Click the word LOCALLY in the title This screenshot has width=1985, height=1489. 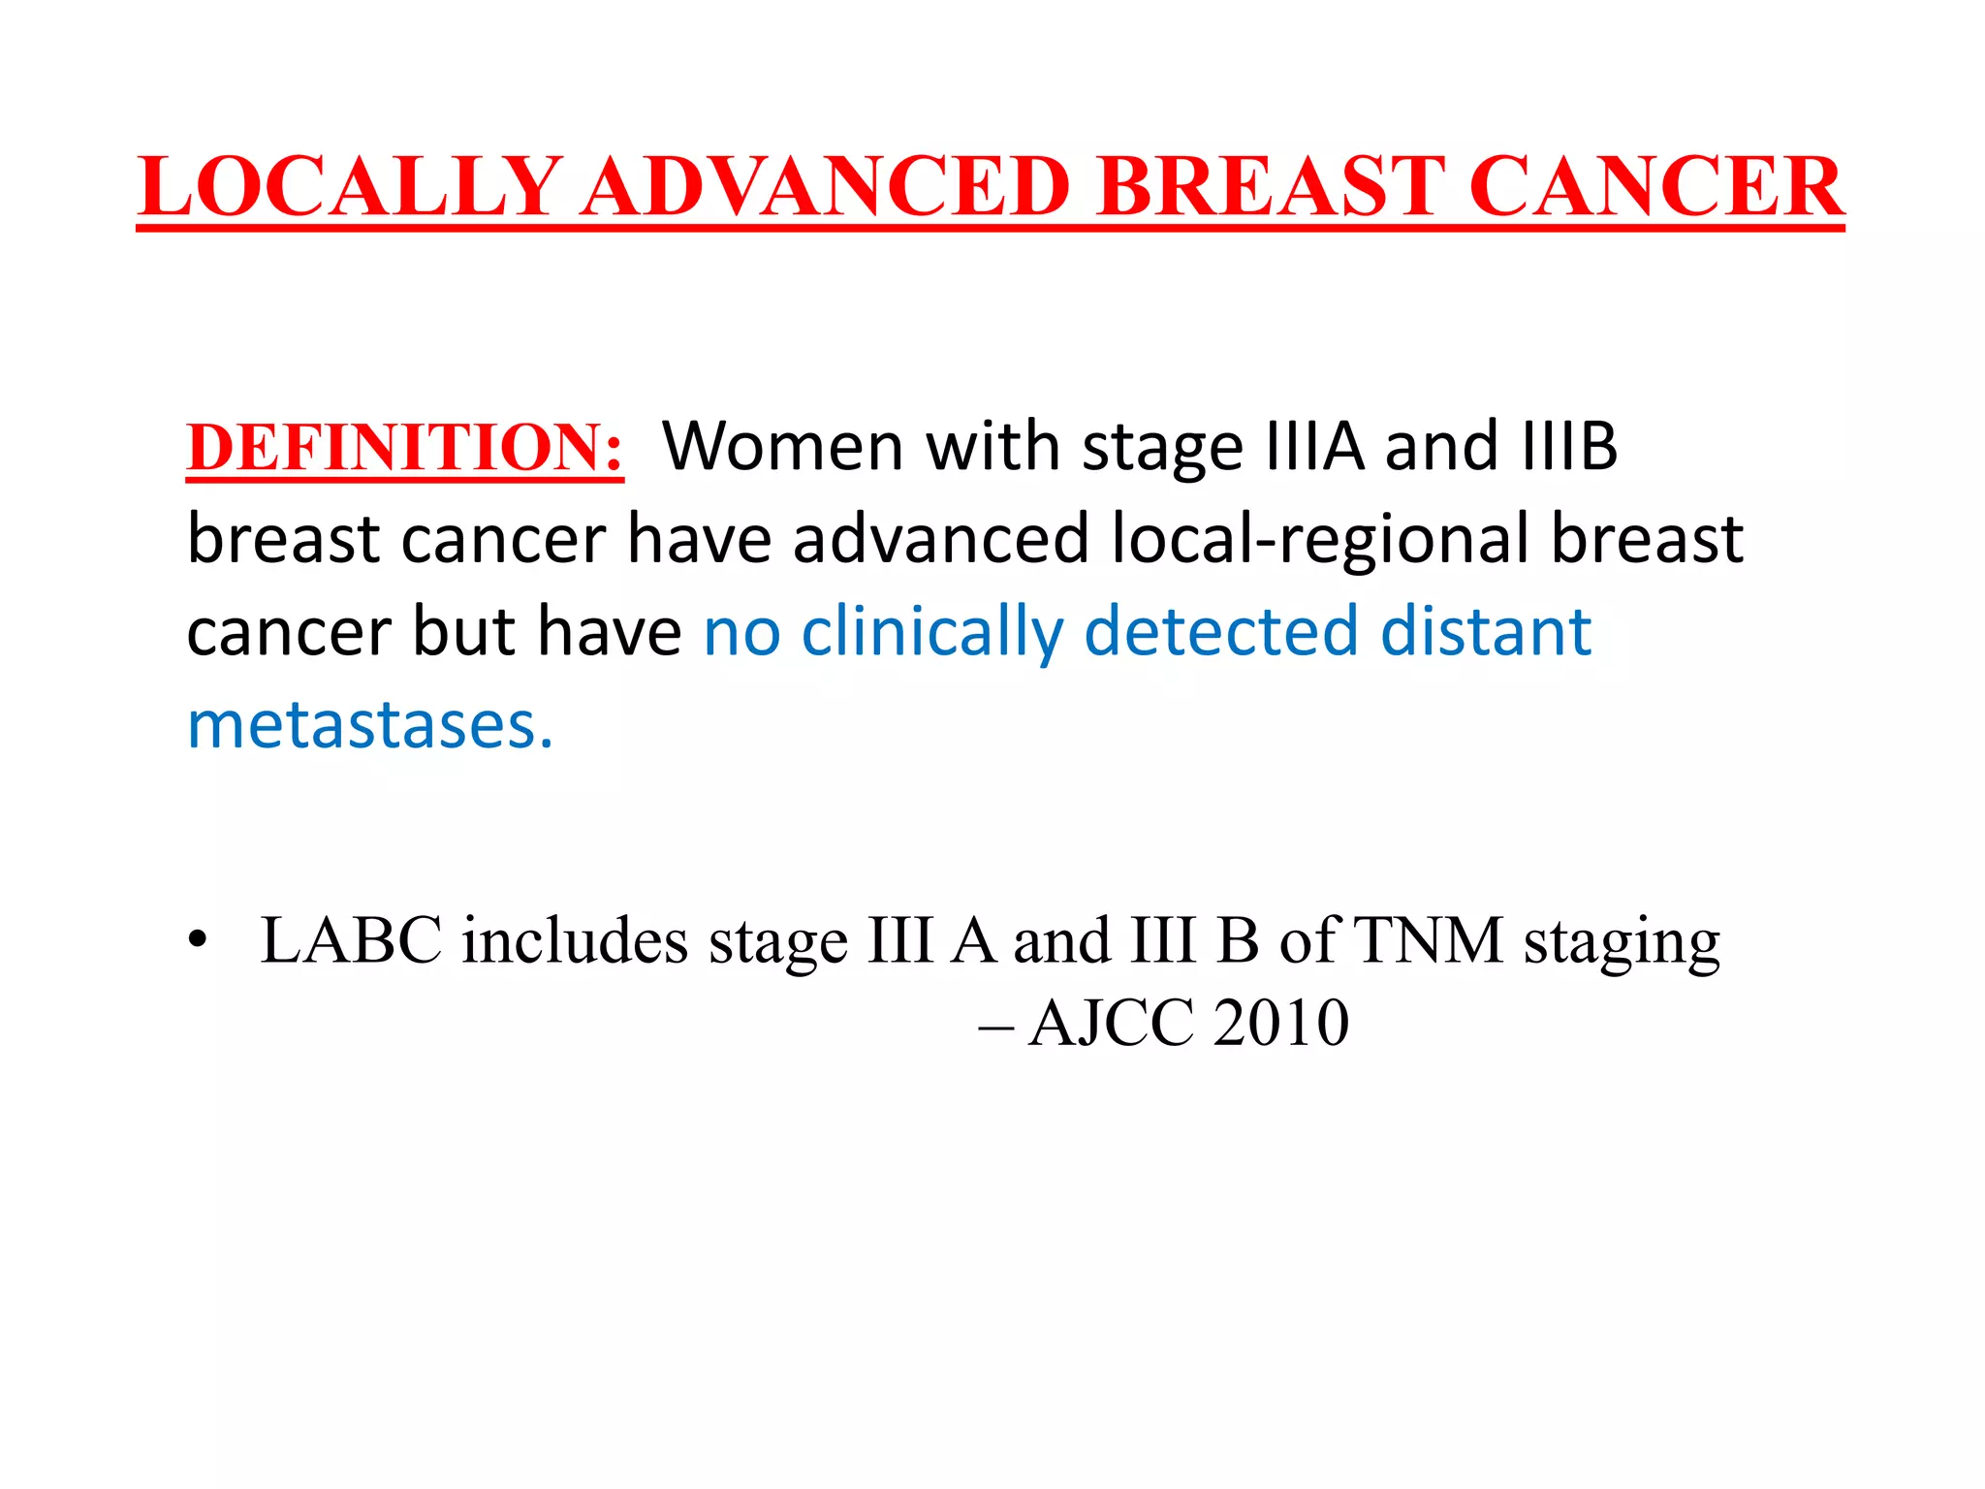(x=350, y=186)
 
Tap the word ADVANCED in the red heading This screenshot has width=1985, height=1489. (x=827, y=186)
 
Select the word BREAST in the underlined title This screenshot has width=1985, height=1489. (x=1271, y=186)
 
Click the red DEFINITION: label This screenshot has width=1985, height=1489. (x=405, y=448)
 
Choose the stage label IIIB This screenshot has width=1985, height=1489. (x=1569, y=447)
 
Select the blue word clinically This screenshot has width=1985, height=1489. (x=932, y=632)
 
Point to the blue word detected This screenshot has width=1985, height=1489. (x=1220, y=632)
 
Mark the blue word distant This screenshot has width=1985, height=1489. (x=1485, y=632)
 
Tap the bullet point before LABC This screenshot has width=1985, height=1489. (x=199, y=939)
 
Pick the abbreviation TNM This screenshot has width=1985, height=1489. (x=1429, y=940)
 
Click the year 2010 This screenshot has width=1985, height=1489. (x=1281, y=1023)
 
